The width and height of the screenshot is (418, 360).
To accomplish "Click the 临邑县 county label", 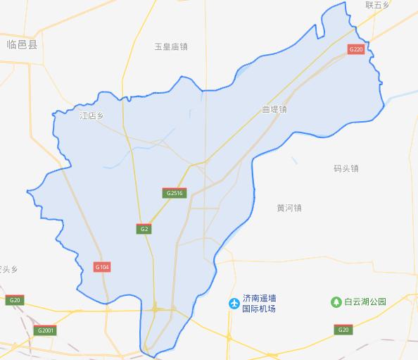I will tap(21, 44).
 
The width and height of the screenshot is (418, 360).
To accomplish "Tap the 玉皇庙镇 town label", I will tap(171, 46).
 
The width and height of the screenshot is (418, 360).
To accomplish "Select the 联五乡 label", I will tap(376, 5).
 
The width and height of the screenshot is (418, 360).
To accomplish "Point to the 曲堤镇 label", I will tap(274, 110).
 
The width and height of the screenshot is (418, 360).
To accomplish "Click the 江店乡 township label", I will tap(91, 115).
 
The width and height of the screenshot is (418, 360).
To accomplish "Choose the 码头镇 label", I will tap(346, 168).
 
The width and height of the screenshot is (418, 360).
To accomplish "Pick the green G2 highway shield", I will tap(144, 228).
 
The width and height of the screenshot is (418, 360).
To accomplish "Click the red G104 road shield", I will tap(102, 267).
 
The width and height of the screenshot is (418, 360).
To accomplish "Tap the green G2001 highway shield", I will tap(46, 330).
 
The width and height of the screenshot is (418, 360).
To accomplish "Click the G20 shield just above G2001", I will tap(14, 301).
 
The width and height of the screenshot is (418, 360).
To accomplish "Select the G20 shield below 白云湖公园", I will tap(343, 330).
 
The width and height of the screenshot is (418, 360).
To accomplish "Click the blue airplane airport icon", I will tap(234, 303).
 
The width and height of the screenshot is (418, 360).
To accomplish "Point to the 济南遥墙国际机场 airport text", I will tap(258, 304).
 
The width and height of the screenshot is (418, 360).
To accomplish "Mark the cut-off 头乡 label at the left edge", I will tap(8, 269).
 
